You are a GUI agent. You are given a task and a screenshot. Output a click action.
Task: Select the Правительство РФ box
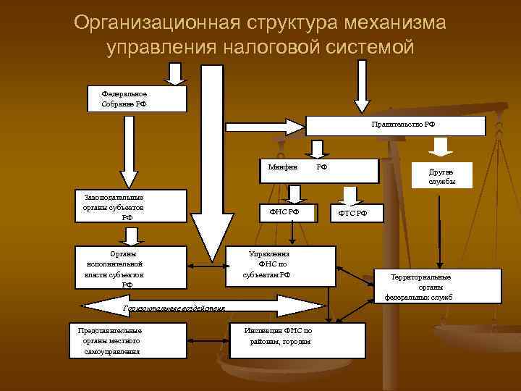pyautogui.click(x=397, y=125)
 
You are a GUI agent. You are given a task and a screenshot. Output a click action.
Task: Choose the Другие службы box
pyautogui.click(x=442, y=175)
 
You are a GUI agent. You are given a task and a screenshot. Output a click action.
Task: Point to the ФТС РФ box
pyautogui.click(x=352, y=213)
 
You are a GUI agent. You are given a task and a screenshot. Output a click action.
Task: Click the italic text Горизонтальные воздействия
pyautogui.click(x=174, y=308)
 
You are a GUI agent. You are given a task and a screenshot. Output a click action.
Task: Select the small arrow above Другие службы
pyautogui.click(x=440, y=148)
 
